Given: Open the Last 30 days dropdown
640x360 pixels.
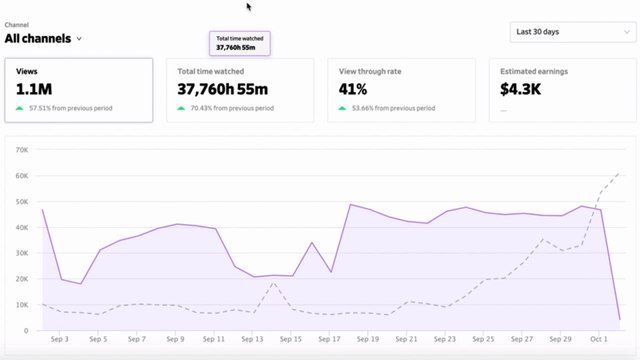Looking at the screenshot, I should (569, 32).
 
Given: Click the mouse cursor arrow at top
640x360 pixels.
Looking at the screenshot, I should (250, 7).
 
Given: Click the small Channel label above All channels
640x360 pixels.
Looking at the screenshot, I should (16, 24).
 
